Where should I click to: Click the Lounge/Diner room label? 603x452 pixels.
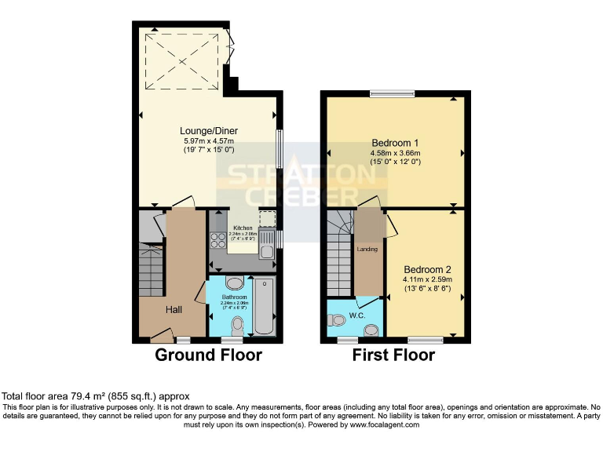point(209,131)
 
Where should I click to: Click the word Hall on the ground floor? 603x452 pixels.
point(174,310)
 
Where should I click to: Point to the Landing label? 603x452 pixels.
point(367,250)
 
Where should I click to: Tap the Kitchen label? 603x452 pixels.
point(243,228)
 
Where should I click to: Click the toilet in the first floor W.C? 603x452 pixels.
point(337,319)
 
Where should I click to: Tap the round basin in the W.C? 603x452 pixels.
point(371,330)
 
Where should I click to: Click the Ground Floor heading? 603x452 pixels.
point(208,355)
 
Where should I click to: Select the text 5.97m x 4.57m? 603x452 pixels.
point(209,140)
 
